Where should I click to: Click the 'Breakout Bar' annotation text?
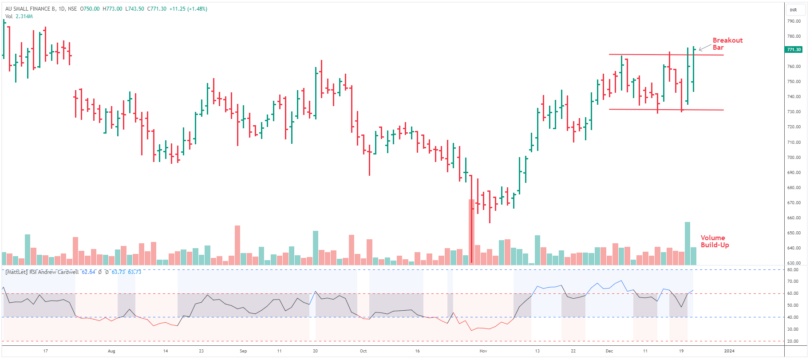coord(727,44)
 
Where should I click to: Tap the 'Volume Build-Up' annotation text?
coord(715,241)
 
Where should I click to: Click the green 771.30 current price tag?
coord(794,49)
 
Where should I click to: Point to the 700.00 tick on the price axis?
coord(794,158)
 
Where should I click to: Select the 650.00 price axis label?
coord(794,233)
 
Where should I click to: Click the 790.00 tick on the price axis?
coord(794,21)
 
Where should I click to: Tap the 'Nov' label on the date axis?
coord(483,351)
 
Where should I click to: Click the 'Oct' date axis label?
coord(363,351)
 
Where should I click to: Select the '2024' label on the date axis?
coord(729,351)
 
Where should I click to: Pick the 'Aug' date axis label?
coord(111,351)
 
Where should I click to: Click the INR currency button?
coord(793,10)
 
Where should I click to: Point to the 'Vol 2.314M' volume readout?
coord(19,16)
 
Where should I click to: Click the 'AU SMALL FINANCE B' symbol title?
coord(30,9)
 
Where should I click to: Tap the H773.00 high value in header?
coord(112,9)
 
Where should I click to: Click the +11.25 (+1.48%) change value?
coord(188,9)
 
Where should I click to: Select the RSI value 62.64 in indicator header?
coord(88,272)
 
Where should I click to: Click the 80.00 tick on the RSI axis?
coord(793,270)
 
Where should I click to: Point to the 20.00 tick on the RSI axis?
coord(793,341)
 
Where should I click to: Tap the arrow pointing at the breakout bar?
coord(704,48)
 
